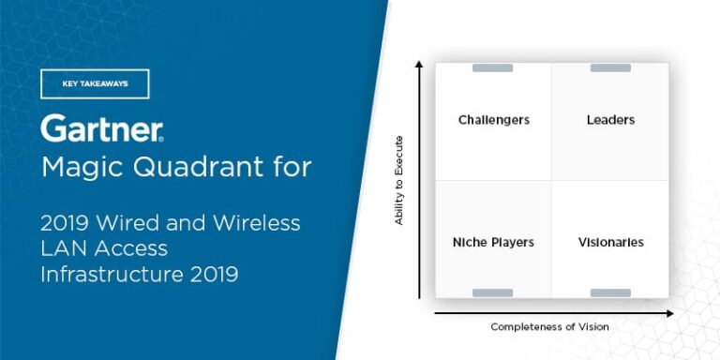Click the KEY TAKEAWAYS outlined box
tap(95, 83)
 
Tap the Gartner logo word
tap(101, 128)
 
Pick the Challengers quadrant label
tap(493, 120)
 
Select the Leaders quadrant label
tap(610, 120)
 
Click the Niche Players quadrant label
tap(493, 242)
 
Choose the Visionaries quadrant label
tap(610, 242)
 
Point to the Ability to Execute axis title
tap(398, 179)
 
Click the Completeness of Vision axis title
tap(549, 326)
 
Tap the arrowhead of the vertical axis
tap(419, 65)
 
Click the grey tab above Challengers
tap(492, 67)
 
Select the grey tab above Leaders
tap(610, 67)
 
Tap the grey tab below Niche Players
tap(492, 293)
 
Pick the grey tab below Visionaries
tap(610, 293)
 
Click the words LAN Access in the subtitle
tap(103, 248)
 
